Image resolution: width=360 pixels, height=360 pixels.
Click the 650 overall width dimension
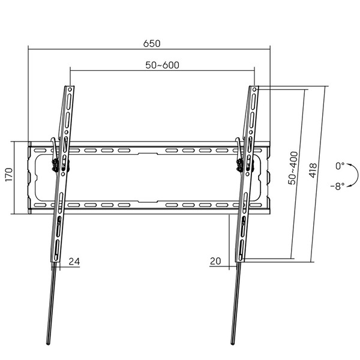pos(152,44)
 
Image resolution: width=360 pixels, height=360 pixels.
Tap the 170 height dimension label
pos(8,178)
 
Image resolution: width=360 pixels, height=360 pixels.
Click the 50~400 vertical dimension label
pos(292,169)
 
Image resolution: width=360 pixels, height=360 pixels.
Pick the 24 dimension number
pos(74,261)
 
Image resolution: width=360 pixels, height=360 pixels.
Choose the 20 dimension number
pos(216,261)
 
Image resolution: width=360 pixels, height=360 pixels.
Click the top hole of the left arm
pos(70,90)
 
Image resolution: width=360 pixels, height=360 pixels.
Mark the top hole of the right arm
pos(255,90)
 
